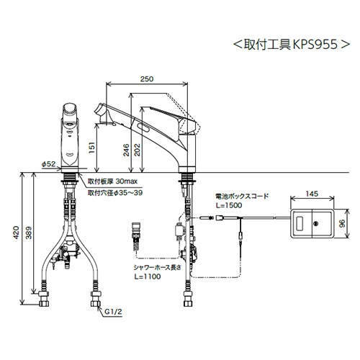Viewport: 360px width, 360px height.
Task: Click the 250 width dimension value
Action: pos(147,78)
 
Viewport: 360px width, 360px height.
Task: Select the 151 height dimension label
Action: pos(91,148)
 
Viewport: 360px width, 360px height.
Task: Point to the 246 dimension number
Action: pos(126,150)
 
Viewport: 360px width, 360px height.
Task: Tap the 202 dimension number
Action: pos(137,150)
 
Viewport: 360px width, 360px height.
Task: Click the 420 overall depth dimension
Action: pos(16,233)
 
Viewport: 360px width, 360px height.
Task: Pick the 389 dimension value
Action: pos(29,233)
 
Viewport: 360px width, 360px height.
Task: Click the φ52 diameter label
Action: pos(48,164)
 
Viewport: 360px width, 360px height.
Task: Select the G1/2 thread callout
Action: pos(113,312)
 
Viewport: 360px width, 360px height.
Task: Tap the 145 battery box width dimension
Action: pos(312,194)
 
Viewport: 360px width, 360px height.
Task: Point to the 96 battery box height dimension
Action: pos(343,223)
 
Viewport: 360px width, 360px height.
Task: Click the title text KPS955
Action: pos(315,45)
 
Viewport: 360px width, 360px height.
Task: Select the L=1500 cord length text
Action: pos(229,205)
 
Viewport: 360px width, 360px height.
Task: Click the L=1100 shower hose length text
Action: pos(148,276)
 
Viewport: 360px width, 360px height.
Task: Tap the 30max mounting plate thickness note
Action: pos(127,181)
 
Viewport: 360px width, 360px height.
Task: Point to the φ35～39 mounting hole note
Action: pos(128,192)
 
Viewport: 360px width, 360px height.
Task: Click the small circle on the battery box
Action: pos(316,224)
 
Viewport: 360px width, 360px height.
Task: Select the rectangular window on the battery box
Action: pos(300,224)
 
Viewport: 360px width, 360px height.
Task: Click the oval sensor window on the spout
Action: pos(143,127)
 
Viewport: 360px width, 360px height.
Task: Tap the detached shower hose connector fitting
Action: pos(136,237)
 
